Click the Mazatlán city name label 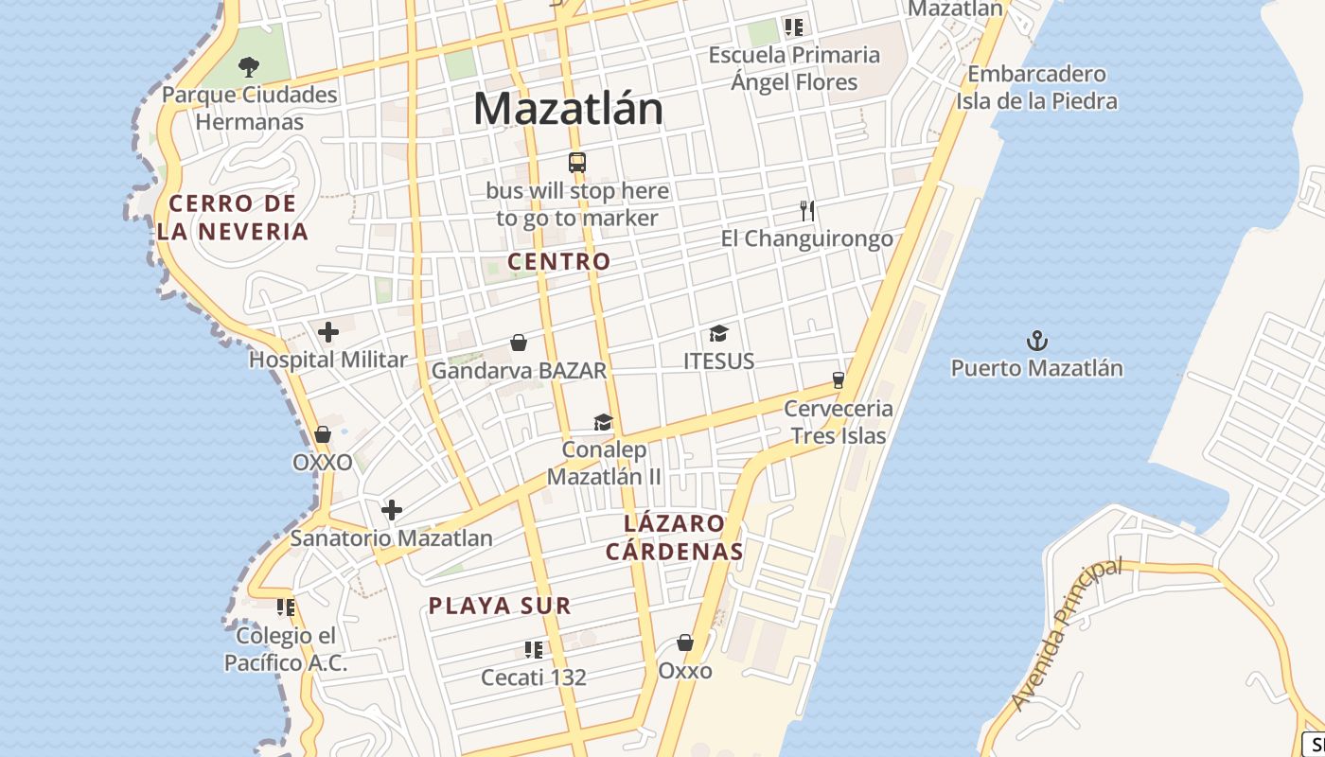[x=568, y=109]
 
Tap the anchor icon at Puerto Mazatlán [x=1038, y=340]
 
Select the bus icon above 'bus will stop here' [x=577, y=162]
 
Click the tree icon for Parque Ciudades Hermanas [x=248, y=66]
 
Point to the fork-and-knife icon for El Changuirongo [x=806, y=210]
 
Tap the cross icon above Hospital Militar [x=328, y=332]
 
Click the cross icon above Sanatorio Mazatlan [x=392, y=511]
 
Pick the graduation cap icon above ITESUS [x=719, y=333]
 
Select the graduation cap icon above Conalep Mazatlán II [x=603, y=422]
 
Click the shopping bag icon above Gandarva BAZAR [x=519, y=342]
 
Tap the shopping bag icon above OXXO [x=323, y=434]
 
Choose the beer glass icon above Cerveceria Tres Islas [x=838, y=380]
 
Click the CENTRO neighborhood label [x=558, y=261]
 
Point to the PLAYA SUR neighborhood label [x=500, y=606]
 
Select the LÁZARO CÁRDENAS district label [x=674, y=537]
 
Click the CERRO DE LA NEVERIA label [x=233, y=217]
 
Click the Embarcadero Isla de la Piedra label [x=1036, y=87]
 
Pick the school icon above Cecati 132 [x=534, y=649]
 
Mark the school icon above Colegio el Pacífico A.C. [x=286, y=607]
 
